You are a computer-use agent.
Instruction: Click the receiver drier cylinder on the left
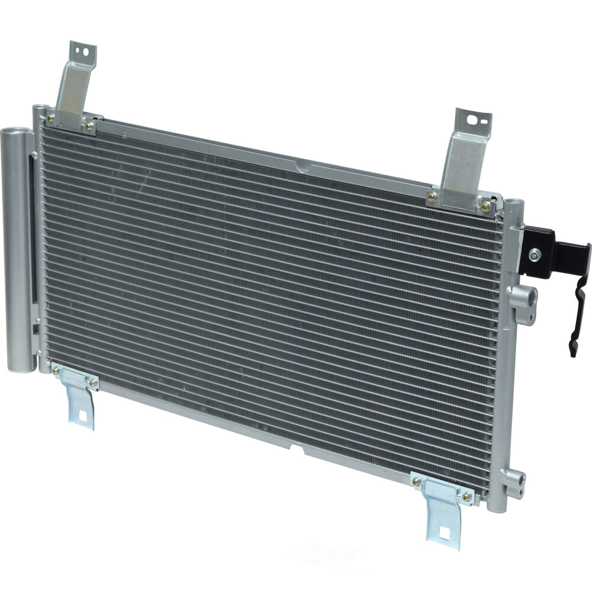(17, 249)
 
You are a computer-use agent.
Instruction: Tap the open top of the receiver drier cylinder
(16, 131)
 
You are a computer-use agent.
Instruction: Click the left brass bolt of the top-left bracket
(52, 118)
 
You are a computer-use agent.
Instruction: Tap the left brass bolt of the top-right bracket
(432, 197)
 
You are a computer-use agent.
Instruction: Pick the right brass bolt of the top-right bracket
(485, 206)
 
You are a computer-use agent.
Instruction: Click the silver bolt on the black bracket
(535, 255)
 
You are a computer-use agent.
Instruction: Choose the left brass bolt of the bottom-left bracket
(56, 372)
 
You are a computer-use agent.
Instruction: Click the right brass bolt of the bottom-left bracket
(92, 382)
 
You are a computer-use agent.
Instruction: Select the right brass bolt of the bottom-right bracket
(467, 496)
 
